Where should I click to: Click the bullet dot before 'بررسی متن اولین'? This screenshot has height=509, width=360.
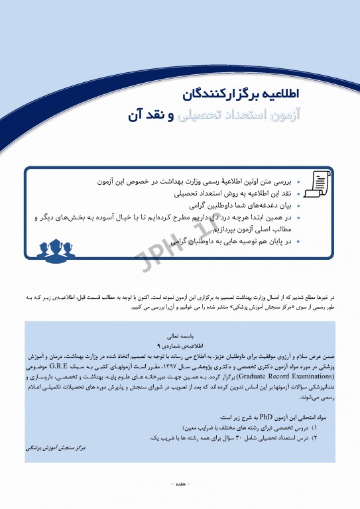point(299,182)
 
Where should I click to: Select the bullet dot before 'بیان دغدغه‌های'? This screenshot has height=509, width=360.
point(299,206)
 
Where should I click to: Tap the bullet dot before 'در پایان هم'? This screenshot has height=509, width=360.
point(299,242)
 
